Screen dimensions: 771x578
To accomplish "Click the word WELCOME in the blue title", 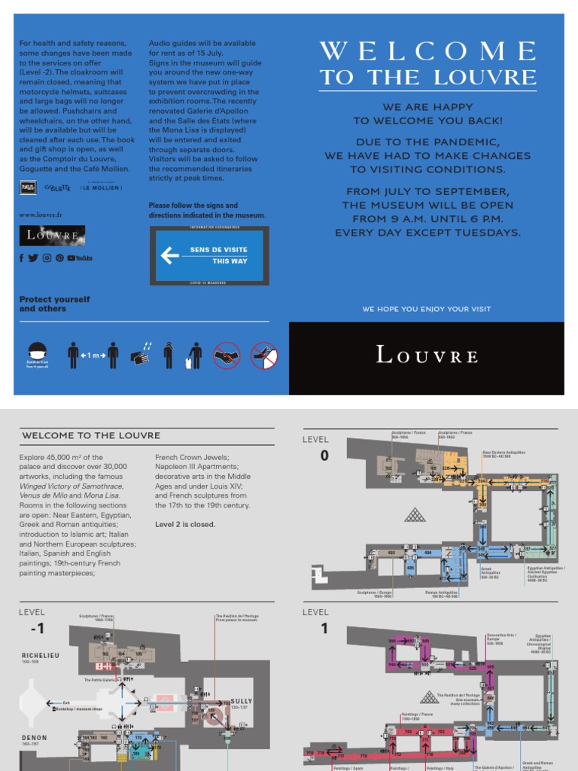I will tap(427, 52).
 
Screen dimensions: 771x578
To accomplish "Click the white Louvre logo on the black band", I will tap(427, 355).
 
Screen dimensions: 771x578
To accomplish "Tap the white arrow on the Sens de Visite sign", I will tap(170, 255).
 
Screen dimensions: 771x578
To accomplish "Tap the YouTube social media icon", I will tap(80, 258).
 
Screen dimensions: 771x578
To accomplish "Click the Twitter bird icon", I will tap(33, 258).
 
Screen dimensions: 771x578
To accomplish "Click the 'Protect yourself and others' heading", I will tap(54, 303).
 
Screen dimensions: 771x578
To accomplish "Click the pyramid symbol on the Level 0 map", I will tap(414, 514).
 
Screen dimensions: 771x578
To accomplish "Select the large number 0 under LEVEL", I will tap(324, 456).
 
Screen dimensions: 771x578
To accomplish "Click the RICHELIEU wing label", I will tap(40, 656).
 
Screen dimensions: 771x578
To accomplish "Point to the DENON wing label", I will tap(34, 738).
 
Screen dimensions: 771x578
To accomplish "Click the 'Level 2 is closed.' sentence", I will tap(185, 524).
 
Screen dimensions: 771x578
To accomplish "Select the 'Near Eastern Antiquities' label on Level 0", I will tap(503, 453).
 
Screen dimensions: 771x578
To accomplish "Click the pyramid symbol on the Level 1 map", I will tap(429, 696).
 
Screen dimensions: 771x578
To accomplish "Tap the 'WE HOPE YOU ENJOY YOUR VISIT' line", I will tap(426, 309).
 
